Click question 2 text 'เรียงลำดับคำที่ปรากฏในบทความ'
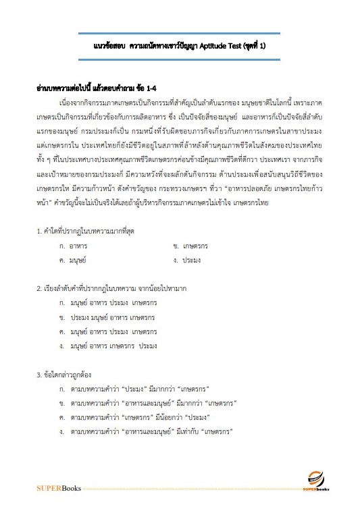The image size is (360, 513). click(x=111, y=289)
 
